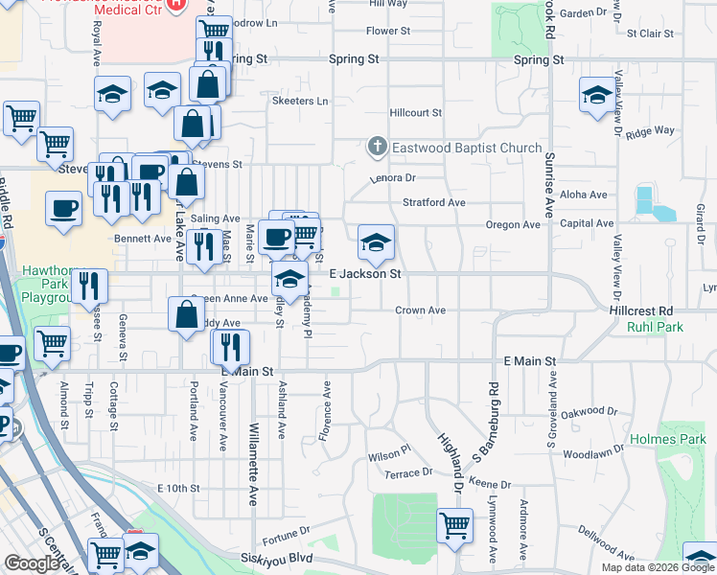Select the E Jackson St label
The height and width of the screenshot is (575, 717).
[x=364, y=274]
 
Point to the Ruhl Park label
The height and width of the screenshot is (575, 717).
[x=654, y=327]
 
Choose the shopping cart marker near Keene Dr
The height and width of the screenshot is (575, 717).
[x=454, y=524]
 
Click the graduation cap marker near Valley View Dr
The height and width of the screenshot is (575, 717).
[x=597, y=96]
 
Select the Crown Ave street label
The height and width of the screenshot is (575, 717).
[x=421, y=310]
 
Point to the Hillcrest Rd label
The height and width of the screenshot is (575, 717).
[x=641, y=311]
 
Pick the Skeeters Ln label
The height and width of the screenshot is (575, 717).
[x=299, y=101]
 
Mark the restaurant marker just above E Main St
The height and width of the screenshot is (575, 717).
[x=230, y=346]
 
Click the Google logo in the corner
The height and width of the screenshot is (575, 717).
[x=33, y=563]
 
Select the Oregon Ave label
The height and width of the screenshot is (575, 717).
[x=513, y=224]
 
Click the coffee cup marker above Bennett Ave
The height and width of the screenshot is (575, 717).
[x=64, y=208]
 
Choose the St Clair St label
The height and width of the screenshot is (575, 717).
[x=650, y=34]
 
